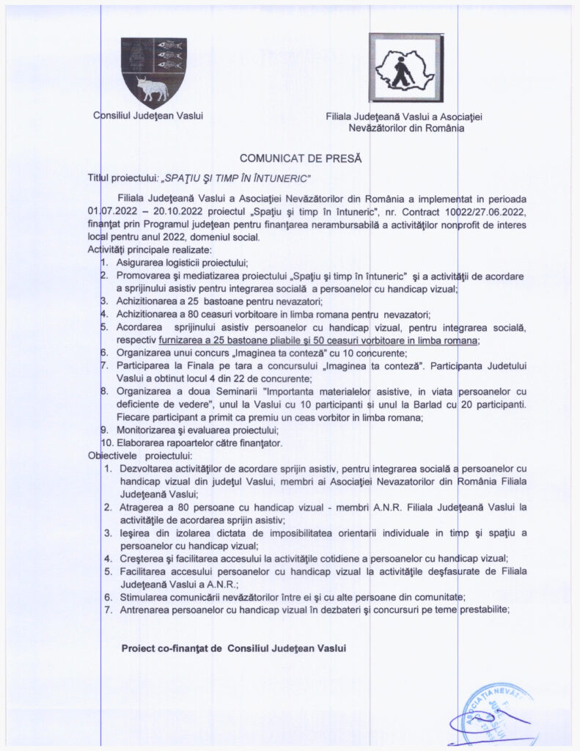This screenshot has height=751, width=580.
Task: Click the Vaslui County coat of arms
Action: (x=153, y=73)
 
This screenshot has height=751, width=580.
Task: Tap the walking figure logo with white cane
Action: (x=405, y=67)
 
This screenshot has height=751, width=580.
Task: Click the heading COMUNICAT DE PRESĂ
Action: (x=301, y=158)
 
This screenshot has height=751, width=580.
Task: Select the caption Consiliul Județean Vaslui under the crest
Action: (x=148, y=115)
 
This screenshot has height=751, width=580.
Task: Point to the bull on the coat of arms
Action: (x=153, y=89)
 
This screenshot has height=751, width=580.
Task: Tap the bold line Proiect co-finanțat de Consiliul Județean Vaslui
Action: (x=233, y=648)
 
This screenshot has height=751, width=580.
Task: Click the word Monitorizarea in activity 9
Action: (x=147, y=430)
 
